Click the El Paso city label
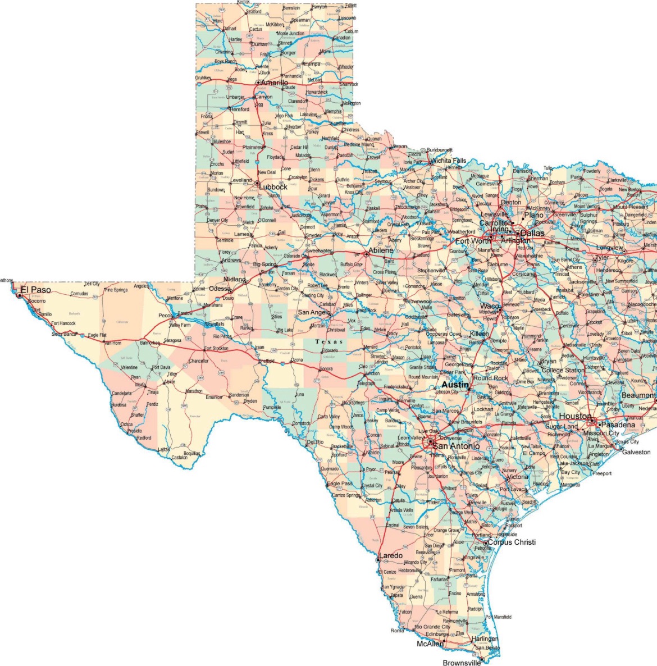35,290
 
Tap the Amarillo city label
275,83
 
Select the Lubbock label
273,186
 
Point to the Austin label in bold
455,385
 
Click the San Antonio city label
456,446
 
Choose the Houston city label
574,416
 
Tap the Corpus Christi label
512,542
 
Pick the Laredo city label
391,555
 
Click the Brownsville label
462,663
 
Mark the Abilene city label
381,250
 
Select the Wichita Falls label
448,161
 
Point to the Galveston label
636,451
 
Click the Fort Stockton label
216,348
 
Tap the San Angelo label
314,312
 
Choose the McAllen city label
430,644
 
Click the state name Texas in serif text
329,341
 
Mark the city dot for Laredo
377,560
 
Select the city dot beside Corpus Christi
486,543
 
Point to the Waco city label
489,306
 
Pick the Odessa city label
220,289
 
